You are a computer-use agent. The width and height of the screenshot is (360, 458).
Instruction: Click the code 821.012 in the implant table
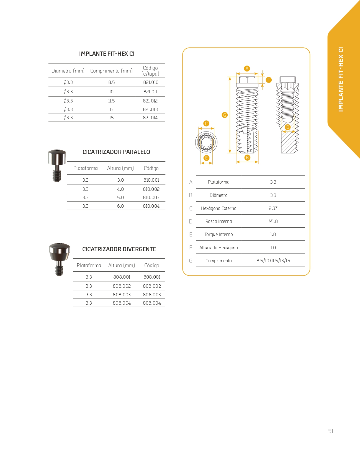[150, 101]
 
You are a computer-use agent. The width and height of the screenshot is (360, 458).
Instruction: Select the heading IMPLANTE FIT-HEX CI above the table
[107, 54]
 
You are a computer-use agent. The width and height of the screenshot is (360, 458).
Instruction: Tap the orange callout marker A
[247, 68]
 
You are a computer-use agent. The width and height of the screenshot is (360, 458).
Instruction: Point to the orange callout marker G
[225, 115]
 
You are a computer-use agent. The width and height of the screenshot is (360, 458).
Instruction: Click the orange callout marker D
[288, 127]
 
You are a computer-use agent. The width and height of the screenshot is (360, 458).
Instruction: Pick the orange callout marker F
[269, 80]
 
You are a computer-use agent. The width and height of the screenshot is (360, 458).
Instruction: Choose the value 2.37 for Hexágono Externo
[273, 208]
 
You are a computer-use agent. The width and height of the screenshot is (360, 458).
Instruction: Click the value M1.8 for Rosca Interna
[273, 221]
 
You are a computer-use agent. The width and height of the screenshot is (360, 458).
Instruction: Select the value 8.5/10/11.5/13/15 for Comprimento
[273, 261]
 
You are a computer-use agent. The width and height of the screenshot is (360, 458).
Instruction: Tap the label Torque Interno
[218, 234]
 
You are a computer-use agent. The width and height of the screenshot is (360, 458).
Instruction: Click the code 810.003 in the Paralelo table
[151, 197]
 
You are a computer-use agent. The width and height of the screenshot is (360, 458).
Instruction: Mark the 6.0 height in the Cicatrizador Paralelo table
[120, 206]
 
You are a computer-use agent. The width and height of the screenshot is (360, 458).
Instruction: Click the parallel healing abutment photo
[57, 165]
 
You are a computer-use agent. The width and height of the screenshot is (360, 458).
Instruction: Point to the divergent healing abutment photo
[59, 259]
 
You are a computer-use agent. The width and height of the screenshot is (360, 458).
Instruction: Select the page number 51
[331, 431]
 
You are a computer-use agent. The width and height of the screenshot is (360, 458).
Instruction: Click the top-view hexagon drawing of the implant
[206, 142]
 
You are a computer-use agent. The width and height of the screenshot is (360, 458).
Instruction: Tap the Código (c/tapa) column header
[150, 71]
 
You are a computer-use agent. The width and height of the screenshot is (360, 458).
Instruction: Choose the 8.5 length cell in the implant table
[112, 82]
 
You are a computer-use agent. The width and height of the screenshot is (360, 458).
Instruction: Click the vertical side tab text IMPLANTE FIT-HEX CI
[341, 79]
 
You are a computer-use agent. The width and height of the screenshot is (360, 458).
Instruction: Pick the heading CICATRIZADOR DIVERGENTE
[119, 249]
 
